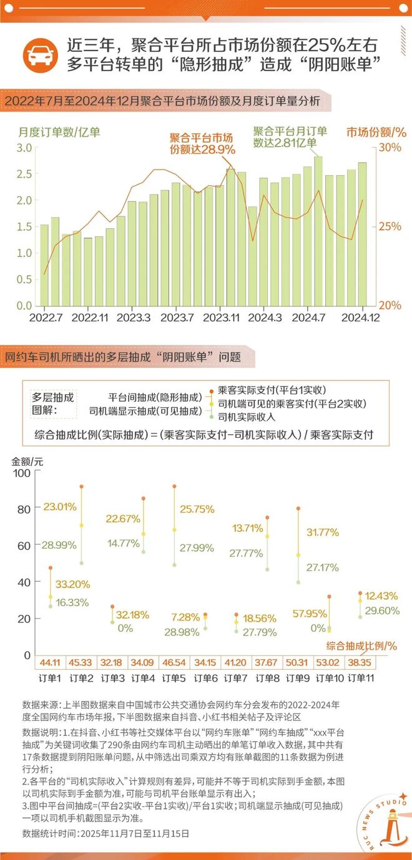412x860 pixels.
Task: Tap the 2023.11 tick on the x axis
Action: (x=222, y=317)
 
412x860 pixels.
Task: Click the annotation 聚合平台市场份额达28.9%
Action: (x=202, y=144)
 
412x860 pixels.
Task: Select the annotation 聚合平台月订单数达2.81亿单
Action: (x=290, y=137)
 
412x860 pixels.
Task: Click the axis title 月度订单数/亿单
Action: (x=59, y=132)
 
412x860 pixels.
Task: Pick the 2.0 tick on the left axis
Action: (x=24, y=200)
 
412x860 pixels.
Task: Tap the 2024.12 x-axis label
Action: (x=360, y=317)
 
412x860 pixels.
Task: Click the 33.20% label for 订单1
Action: (x=72, y=585)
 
